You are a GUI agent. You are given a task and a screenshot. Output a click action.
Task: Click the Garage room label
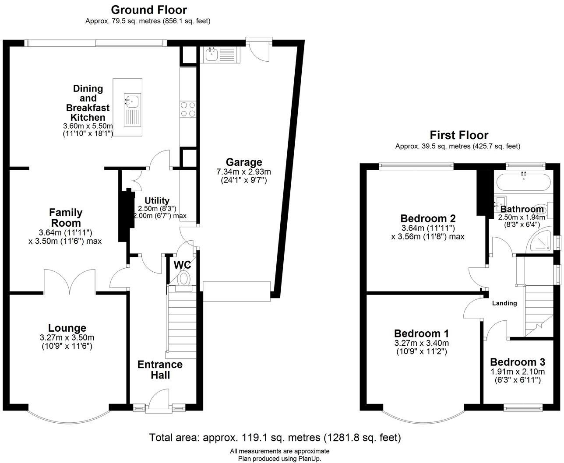pyautogui.click(x=243, y=162)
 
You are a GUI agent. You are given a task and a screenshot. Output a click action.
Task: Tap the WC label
pyautogui.click(x=183, y=265)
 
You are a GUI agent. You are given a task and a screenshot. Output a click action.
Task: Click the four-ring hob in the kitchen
pyautogui.click(x=188, y=109)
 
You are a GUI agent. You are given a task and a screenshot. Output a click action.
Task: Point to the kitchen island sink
pyautogui.click(x=132, y=110)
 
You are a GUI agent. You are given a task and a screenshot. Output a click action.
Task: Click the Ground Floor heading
pyautogui.click(x=149, y=10)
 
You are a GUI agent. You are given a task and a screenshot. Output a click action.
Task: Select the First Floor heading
pyautogui.click(x=459, y=135)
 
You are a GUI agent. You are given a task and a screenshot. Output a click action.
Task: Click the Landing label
pyautogui.click(x=504, y=303)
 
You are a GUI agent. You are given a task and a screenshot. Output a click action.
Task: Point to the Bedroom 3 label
pyautogui.click(x=518, y=362)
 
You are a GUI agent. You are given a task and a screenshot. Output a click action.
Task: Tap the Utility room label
pyautogui.click(x=157, y=200)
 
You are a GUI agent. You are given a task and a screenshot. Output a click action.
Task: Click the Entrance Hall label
pyautogui.click(x=160, y=370)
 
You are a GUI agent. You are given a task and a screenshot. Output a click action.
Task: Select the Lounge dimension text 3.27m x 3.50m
pyautogui.click(x=67, y=338)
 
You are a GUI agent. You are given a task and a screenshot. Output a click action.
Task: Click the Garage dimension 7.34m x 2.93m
pyautogui.click(x=243, y=172)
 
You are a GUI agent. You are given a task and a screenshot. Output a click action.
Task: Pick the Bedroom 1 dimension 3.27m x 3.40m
pyautogui.click(x=422, y=343)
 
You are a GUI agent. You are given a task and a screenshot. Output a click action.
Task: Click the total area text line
pyautogui.click(x=275, y=438)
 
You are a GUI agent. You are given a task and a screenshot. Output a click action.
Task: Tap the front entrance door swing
pyautogui.click(x=159, y=399)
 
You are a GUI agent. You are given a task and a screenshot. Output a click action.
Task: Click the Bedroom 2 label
pyautogui.click(x=428, y=219)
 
